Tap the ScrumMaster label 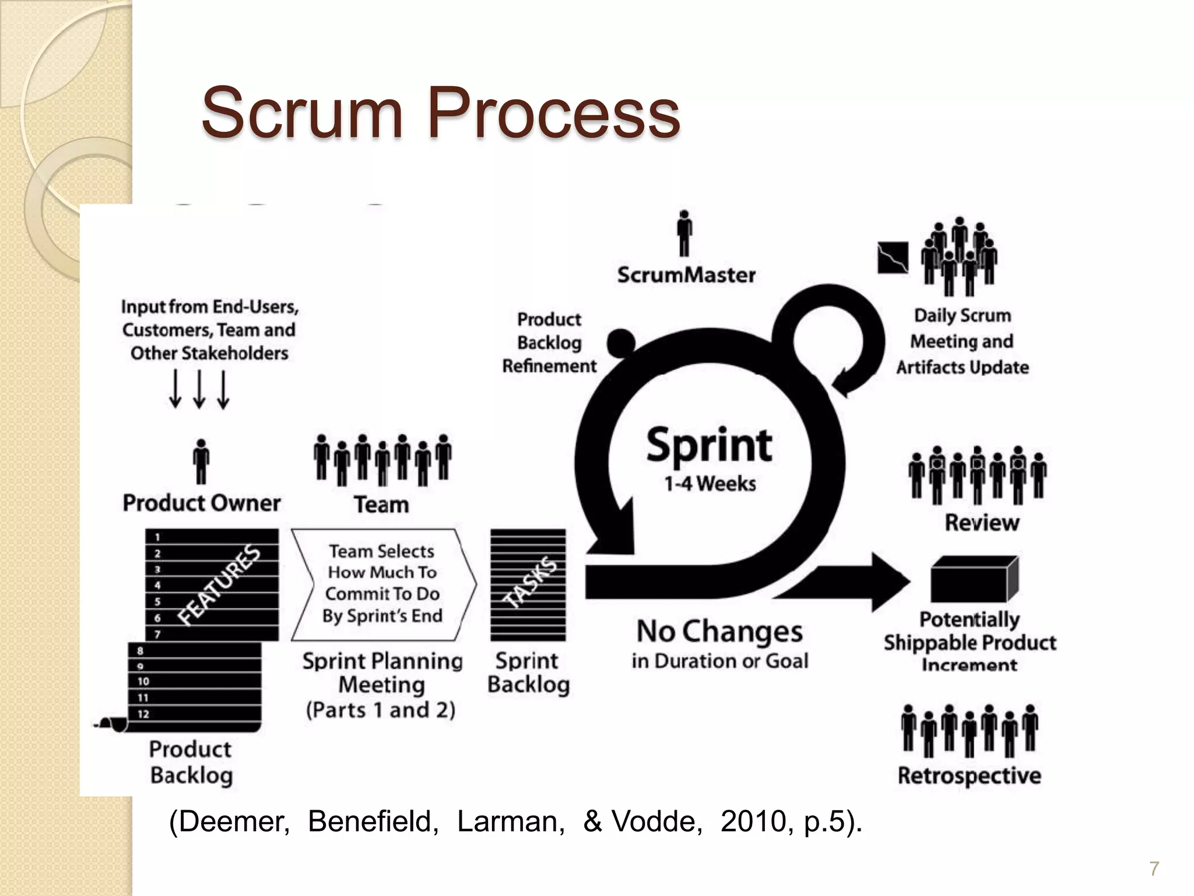(x=686, y=275)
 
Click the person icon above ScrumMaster (x=685, y=233)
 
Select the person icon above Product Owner (x=201, y=461)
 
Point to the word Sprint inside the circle (x=709, y=446)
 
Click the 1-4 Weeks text (x=710, y=484)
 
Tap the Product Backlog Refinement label (x=549, y=342)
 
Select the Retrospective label (x=969, y=775)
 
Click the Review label (x=982, y=522)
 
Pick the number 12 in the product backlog (x=143, y=713)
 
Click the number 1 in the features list (x=157, y=537)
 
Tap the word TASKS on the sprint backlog (x=530, y=582)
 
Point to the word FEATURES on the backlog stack (x=218, y=585)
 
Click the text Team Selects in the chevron (x=381, y=551)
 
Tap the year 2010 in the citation (x=753, y=821)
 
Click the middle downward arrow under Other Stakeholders (x=199, y=390)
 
